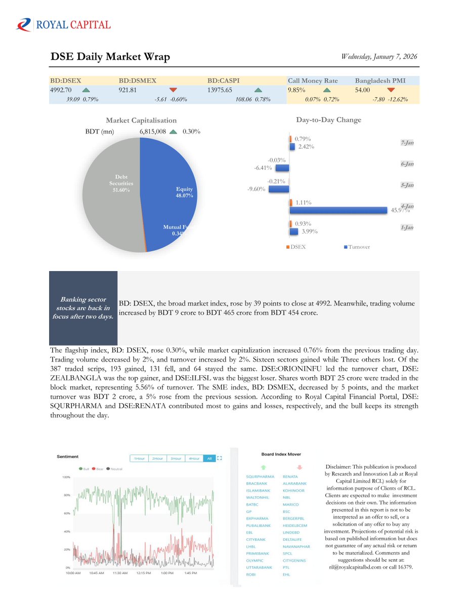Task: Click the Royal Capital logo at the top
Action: [x=63, y=24]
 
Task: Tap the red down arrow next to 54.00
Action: [x=390, y=90]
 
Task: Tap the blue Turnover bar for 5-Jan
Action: [x=279, y=189]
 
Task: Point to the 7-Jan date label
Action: [x=407, y=143]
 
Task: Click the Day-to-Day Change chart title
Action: [x=328, y=120]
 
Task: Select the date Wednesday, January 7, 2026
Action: [x=379, y=57]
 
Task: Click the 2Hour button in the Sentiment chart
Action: [x=157, y=458]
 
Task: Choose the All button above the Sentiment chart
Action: [x=209, y=458]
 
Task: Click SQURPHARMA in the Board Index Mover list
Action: [x=260, y=476]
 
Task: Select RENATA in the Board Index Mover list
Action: [x=290, y=476]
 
